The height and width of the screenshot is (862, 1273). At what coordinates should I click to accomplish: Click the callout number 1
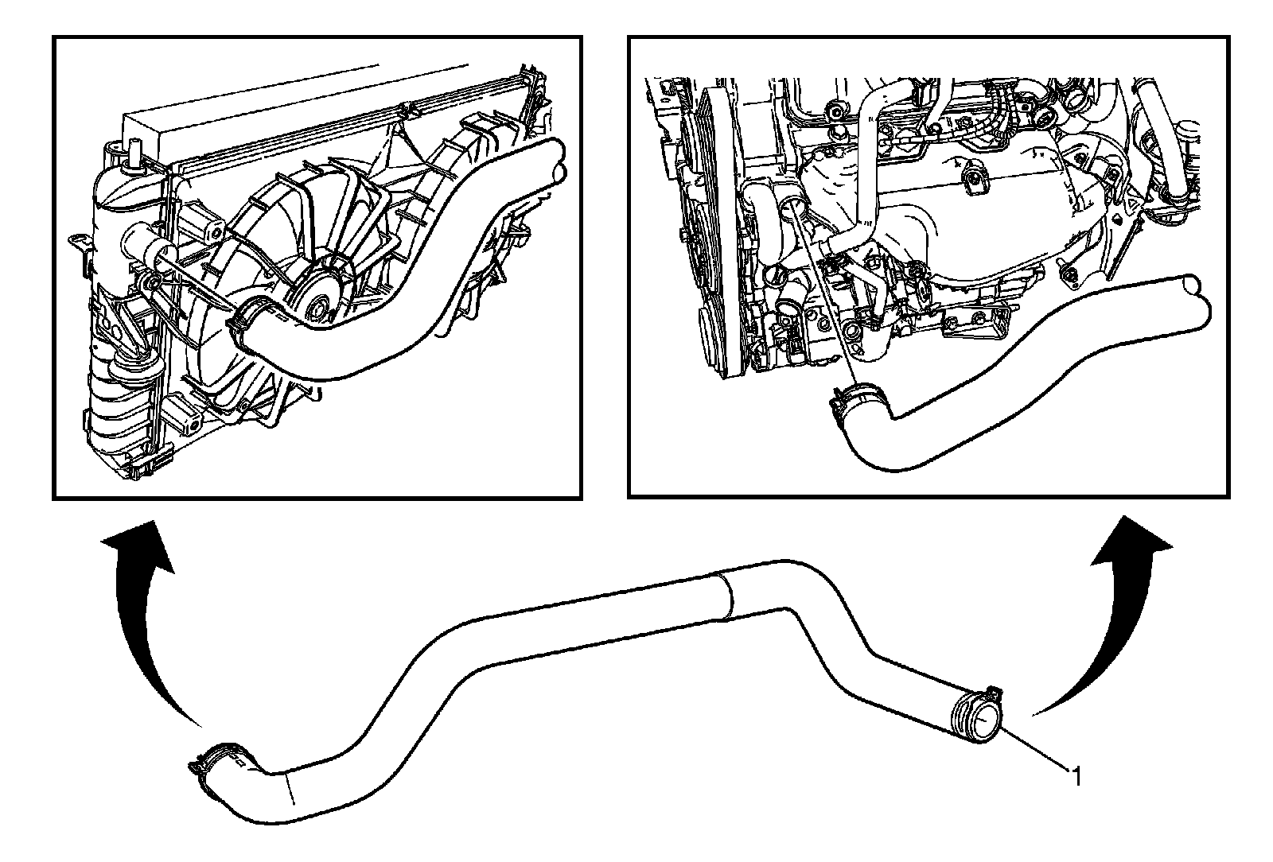click(x=1076, y=775)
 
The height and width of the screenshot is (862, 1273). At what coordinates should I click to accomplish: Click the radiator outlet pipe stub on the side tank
click(x=144, y=248)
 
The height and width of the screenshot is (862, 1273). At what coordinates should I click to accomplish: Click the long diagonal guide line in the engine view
click(x=827, y=302)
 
